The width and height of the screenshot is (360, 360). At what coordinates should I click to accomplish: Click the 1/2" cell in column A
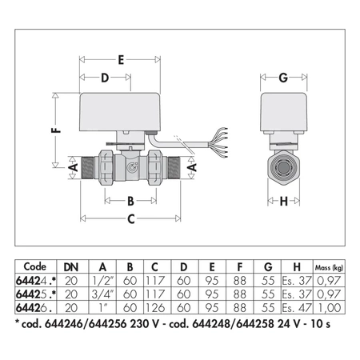[x=101, y=282]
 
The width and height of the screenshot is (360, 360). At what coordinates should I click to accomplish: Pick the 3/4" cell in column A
[x=101, y=294]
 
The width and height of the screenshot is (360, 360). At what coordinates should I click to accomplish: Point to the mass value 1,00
[x=330, y=306]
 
